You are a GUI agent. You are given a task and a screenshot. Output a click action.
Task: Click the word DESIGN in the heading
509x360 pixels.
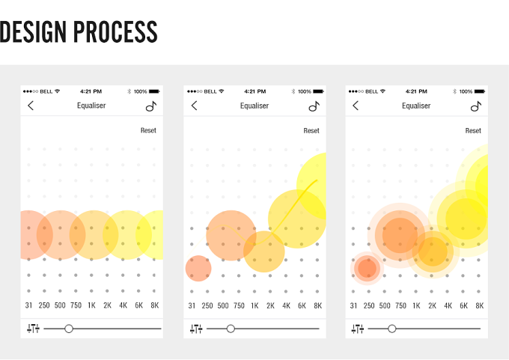click(x=33, y=32)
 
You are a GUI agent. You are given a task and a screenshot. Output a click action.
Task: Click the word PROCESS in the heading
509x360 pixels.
click(x=115, y=32)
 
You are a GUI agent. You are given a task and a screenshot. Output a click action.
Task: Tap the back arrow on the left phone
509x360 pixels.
click(x=31, y=106)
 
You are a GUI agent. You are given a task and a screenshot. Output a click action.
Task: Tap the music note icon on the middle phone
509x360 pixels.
click(x=314, y=106)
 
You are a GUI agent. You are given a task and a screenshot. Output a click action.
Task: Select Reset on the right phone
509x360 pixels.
click(x=473, y=130)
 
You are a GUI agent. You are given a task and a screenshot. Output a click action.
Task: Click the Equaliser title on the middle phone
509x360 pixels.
click(x=254, y=106)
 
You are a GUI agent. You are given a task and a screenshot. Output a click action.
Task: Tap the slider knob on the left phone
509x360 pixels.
click(x=69, y=329)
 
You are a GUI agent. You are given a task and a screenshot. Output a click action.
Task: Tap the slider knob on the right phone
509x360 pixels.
click(x=392, y=329)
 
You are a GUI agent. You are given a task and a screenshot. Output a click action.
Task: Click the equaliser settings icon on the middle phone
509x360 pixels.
click(x=196, y=329)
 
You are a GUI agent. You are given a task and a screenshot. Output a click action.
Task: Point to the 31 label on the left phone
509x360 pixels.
click(x=28, y=305)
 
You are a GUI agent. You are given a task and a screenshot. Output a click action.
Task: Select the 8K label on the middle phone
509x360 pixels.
click(x=318, y=305)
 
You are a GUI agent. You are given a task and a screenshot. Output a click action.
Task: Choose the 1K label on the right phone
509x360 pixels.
click(x=416, y=305)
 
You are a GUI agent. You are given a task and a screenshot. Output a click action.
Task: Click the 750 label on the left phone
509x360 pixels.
click(x=76, y=305)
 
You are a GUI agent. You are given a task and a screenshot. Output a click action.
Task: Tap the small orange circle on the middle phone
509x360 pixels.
click(x=198, y=269)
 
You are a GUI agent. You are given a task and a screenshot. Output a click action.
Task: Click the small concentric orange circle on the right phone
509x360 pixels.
click(x=367, y=269)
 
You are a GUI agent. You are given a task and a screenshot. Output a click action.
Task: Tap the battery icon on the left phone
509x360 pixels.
click(x=154, y=91)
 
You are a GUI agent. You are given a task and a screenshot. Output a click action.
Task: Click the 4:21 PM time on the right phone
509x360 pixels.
click(x=416, y=91)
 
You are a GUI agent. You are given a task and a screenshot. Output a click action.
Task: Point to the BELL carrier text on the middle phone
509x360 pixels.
click(x=210, y=91)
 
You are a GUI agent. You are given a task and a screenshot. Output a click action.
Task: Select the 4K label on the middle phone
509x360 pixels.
click(x=286, y=305)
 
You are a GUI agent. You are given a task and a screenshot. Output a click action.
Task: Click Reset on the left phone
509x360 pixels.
click(x=148, y=130)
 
